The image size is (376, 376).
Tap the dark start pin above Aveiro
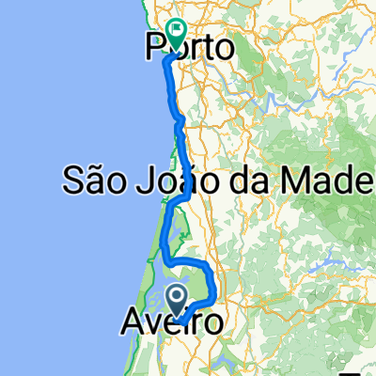[x=177, y=299]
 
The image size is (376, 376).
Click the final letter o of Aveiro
[x=213, y=324]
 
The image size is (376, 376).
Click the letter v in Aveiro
[x=153, y=324]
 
